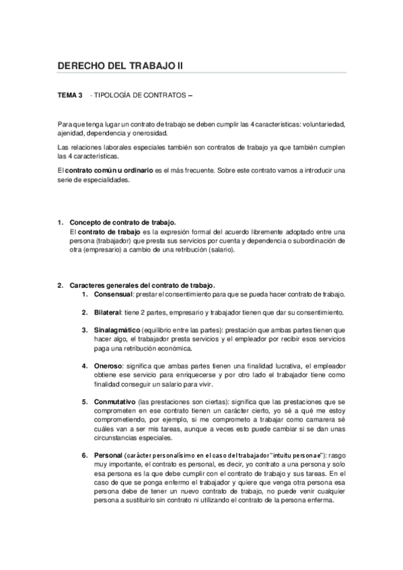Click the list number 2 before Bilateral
[85, 312]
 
